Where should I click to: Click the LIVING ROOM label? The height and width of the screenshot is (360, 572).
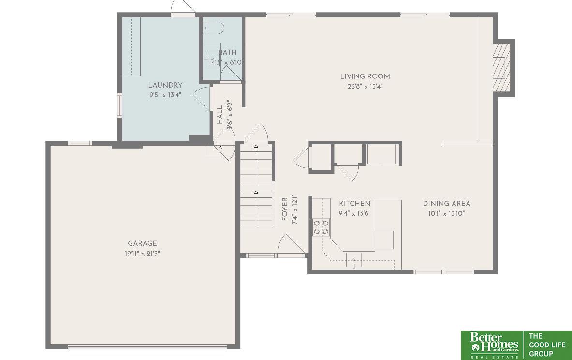pyautogui.click(x=365, y=76)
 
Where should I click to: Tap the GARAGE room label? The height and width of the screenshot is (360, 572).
pyautogui.click(x=142, y=244)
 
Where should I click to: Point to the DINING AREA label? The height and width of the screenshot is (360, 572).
pyautogui.click(x=446, y=204)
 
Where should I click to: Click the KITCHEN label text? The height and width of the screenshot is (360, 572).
pyautogui.click(x=354, y=204)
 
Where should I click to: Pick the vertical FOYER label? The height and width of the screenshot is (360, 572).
pyautogui.click(x=285, y=209)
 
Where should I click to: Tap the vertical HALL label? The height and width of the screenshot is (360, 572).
pyautogui.click(x=220, y=115)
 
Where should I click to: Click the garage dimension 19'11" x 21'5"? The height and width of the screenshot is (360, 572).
pyautogui.click(x=142, y=254)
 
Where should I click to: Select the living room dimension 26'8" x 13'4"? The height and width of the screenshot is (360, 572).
pyautogui.click(x=365, y=87)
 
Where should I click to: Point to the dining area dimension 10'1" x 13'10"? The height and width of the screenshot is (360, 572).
pyautogui.click(x=446, y=213)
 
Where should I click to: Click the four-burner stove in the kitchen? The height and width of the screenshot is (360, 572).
pyautogui.click(x=321, y=227)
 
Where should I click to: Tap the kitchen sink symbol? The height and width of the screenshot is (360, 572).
pyautogui.click(x=353, y=260)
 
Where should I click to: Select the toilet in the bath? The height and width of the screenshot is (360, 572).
pyautogui.click(x=212, y=28)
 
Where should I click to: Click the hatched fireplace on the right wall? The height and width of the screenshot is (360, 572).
pyautogui.click(x=501, y=67)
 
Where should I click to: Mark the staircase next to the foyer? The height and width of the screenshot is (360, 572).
pyautogui.click(x=256, y=186)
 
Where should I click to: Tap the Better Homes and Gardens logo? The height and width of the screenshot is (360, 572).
pyautogui.click(x=491, y=345)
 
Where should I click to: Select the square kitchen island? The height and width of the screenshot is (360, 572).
pyautogui.click(x=384, y=240)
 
